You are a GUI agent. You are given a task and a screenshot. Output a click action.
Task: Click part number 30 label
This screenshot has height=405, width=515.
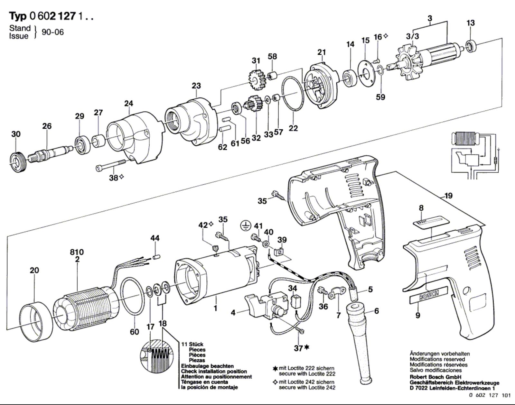click(x=16, y=134)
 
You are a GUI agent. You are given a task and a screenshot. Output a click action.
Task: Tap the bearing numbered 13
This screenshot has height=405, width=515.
click(x=471, y=47)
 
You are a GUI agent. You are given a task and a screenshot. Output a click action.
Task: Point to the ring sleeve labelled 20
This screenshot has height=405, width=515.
click(x=36, y=322)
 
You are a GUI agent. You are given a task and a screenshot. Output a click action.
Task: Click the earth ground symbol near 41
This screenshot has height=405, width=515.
click(x=245, y=226)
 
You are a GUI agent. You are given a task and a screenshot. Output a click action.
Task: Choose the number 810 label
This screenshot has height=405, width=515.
click(x=77, y=252)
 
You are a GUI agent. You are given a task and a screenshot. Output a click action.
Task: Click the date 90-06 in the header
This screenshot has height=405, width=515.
click(x=53, y=32)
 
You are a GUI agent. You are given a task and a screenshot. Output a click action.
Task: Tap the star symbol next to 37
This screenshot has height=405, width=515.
click(x=306, y=347)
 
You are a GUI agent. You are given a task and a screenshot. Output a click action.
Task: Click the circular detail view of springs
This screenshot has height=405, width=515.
click(x=156, y=356)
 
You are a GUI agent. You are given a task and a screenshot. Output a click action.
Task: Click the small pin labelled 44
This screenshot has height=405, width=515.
click(x=157, y=257)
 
